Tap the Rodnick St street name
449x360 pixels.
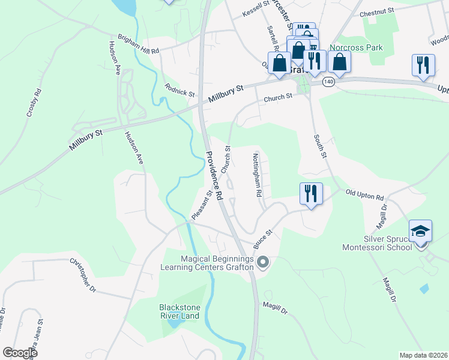click(x=180, y=90)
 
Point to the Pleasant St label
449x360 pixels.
click(x=202, y=205)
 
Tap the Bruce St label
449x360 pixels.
click(x=263, y=238)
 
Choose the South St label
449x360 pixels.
click(x=319, y=146)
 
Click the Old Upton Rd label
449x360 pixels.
click(x=364, y=195)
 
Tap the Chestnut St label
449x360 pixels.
click(x=376, y=12)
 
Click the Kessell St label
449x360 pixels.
click(x=256, y=9)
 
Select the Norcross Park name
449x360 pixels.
click(x=355, y=47)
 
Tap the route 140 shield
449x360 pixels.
click(x=328, y=81)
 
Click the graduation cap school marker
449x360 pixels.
click(x=421, y=231)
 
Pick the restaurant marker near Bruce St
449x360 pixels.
click(x=311, y=193)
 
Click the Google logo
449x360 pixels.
click(x=20, y=353)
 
